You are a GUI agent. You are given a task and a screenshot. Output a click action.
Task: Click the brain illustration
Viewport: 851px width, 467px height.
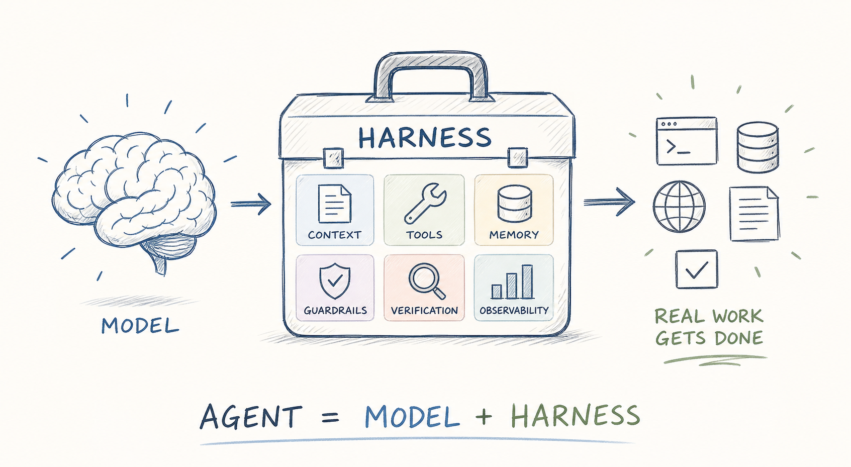pyautogui.click(x=134, y=198)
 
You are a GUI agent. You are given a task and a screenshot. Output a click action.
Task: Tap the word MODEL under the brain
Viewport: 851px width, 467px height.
pyautogui.click(x=140, y=326)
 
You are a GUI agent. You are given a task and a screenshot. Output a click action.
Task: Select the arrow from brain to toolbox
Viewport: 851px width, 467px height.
pyautogui.click(x=251, y=204)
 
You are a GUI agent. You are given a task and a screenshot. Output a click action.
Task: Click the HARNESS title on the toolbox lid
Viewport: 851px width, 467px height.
pyautogui.click(x=425, y=138)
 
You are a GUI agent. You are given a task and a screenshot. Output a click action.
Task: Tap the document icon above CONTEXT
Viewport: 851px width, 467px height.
pyautogui.click(x=334, y=203)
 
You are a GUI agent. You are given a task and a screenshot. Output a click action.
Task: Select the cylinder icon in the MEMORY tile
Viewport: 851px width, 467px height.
pyautogui.click(x=514, y=203)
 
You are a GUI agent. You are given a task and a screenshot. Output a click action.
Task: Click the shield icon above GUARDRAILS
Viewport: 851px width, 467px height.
pyautogui.click(x=335, y=281)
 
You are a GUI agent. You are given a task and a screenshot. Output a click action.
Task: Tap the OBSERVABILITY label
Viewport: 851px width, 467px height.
pyautogui.click(x=514, y=311)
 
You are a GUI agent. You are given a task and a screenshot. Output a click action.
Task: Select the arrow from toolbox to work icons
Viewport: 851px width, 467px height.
pyautogui.click(x=609, y=202)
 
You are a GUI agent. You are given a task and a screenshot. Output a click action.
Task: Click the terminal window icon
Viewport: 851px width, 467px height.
pyautogui.click(x=687, y=141)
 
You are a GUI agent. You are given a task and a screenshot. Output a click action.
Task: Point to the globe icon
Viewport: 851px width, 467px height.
pyautogui.click(x=679, y=206)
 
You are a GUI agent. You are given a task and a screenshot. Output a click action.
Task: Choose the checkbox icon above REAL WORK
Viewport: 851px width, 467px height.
pyautogui.click(x=697, y=269)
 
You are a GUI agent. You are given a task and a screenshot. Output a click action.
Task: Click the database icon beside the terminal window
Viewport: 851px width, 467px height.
pyautogui.click(x=758, y=147)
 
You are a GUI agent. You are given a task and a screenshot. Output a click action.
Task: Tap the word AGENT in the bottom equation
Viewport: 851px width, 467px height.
pyautogui.click(x=251, y=417)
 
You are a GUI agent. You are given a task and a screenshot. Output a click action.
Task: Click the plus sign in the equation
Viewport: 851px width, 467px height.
pyautogui.click(x=484, y=416)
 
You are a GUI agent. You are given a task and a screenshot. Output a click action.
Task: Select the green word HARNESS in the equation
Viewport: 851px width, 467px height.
pyautogui.click(x=575, y=415)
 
